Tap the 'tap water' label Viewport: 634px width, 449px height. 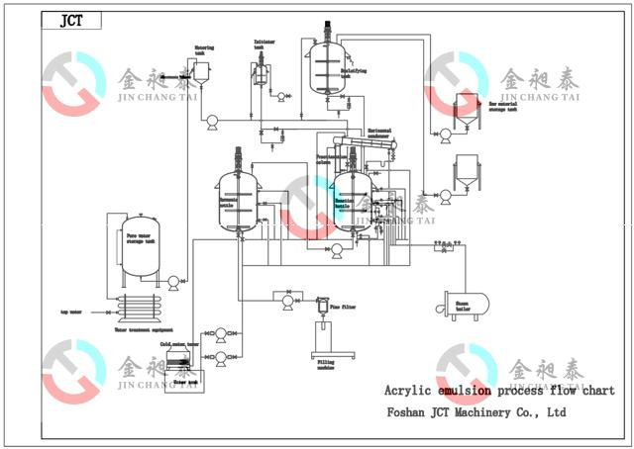pos(70,312)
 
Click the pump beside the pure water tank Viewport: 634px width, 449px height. pos(174,283)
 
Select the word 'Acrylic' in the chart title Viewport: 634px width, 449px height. pos(407,390)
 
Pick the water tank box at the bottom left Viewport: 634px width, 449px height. pos(186,379)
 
